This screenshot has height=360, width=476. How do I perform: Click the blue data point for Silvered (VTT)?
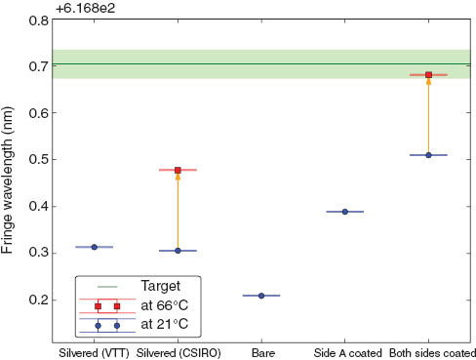[94, 247]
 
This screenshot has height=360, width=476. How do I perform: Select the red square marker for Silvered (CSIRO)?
[178, 170]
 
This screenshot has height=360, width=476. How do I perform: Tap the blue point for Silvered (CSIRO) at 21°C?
[178, 251]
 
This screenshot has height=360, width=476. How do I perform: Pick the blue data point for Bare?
[261, 296]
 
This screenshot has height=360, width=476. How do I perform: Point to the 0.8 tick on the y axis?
[38, 20]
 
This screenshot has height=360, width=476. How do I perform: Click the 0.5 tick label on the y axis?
[38, 159]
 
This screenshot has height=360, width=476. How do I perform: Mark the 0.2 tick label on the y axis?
[38, 300]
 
